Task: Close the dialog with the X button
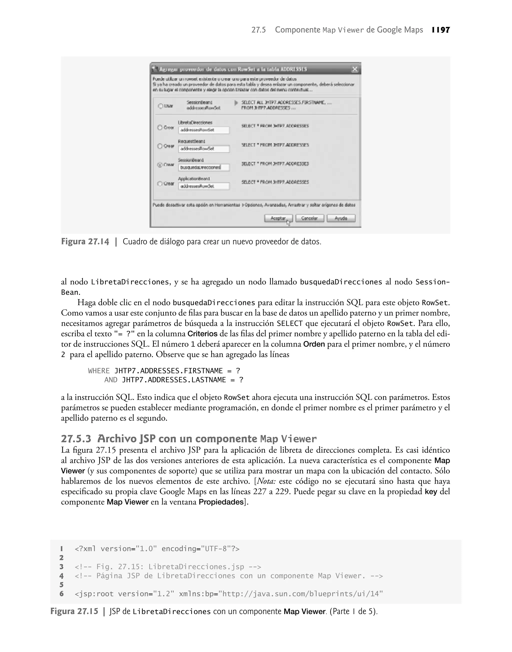click(354, 69)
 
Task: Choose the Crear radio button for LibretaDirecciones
click(160, 128)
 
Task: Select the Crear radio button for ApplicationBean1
click(160, 184)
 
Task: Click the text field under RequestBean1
click(204, 149)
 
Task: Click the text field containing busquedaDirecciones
click(204, 167)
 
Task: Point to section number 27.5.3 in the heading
click(76, 439)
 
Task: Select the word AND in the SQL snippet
click(110, 380)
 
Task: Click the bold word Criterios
click(202, 334)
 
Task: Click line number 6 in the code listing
click(61, 594)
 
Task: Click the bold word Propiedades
click(221, 502)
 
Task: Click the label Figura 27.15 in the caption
click(74, 611)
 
